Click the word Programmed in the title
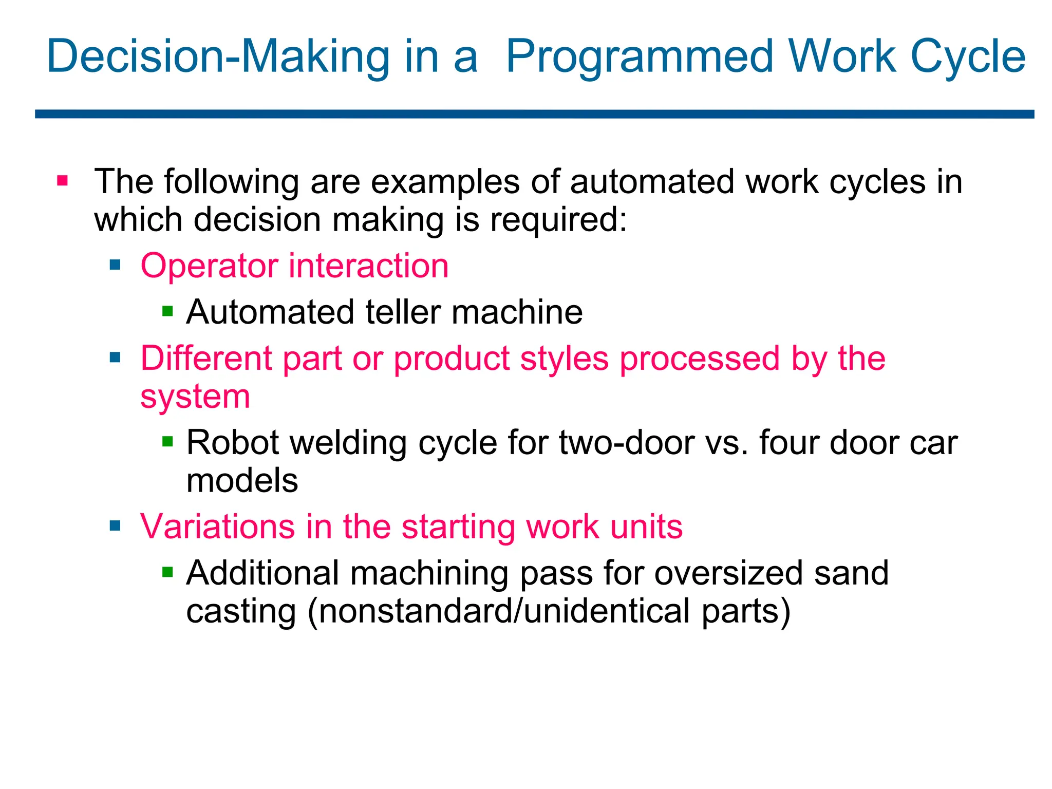(x=640, y=58)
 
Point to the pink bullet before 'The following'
(x=63, y=181)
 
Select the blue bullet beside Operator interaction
(x=115, y=265)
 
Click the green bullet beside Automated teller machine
(x=167, y=311)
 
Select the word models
(x=242, y=481)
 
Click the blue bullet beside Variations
(x=115, y=526)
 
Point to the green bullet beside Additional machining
(x=167, y=572)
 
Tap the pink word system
(x=195, y=397)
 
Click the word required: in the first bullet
(x=558, y=220)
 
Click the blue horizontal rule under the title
(x=534, y=114)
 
